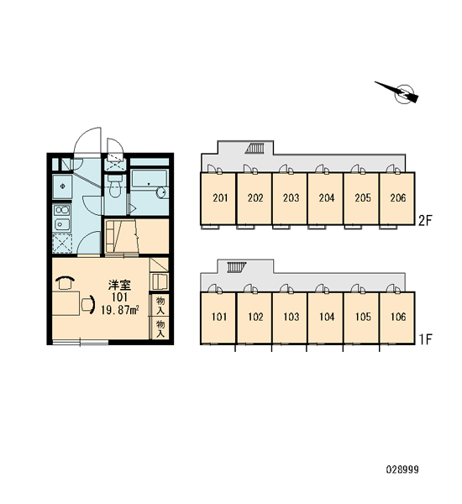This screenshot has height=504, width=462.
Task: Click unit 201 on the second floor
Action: pos(218,198)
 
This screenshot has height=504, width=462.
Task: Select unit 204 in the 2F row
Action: pos(325,198)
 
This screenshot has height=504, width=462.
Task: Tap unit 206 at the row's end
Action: pos(397,198)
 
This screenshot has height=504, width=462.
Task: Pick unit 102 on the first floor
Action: pos(255,318)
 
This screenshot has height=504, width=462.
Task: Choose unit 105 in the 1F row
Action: pos(361,318)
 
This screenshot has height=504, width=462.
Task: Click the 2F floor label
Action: pos(425,220)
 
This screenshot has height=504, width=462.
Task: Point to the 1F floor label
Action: pos(425,339)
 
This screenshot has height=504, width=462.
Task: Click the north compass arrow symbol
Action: pos(399,92)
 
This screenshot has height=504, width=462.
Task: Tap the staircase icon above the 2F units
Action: pos(255,149)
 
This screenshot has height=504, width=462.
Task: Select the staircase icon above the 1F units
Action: pos(237,267)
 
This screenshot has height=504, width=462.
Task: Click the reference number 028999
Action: pos(402,470)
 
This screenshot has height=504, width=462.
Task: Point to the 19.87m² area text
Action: pos(119,310)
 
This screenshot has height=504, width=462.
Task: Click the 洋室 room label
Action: pos(119,285)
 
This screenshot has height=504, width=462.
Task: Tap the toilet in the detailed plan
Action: pos(114,186)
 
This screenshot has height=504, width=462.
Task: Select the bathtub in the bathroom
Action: pos(150,184)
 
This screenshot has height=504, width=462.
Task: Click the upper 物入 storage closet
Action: pos(160,305)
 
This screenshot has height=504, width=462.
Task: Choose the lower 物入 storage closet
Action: pos(160,328)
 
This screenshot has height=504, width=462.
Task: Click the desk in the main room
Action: pos(66,303)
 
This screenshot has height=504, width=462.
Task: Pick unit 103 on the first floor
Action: pos(290,318)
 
